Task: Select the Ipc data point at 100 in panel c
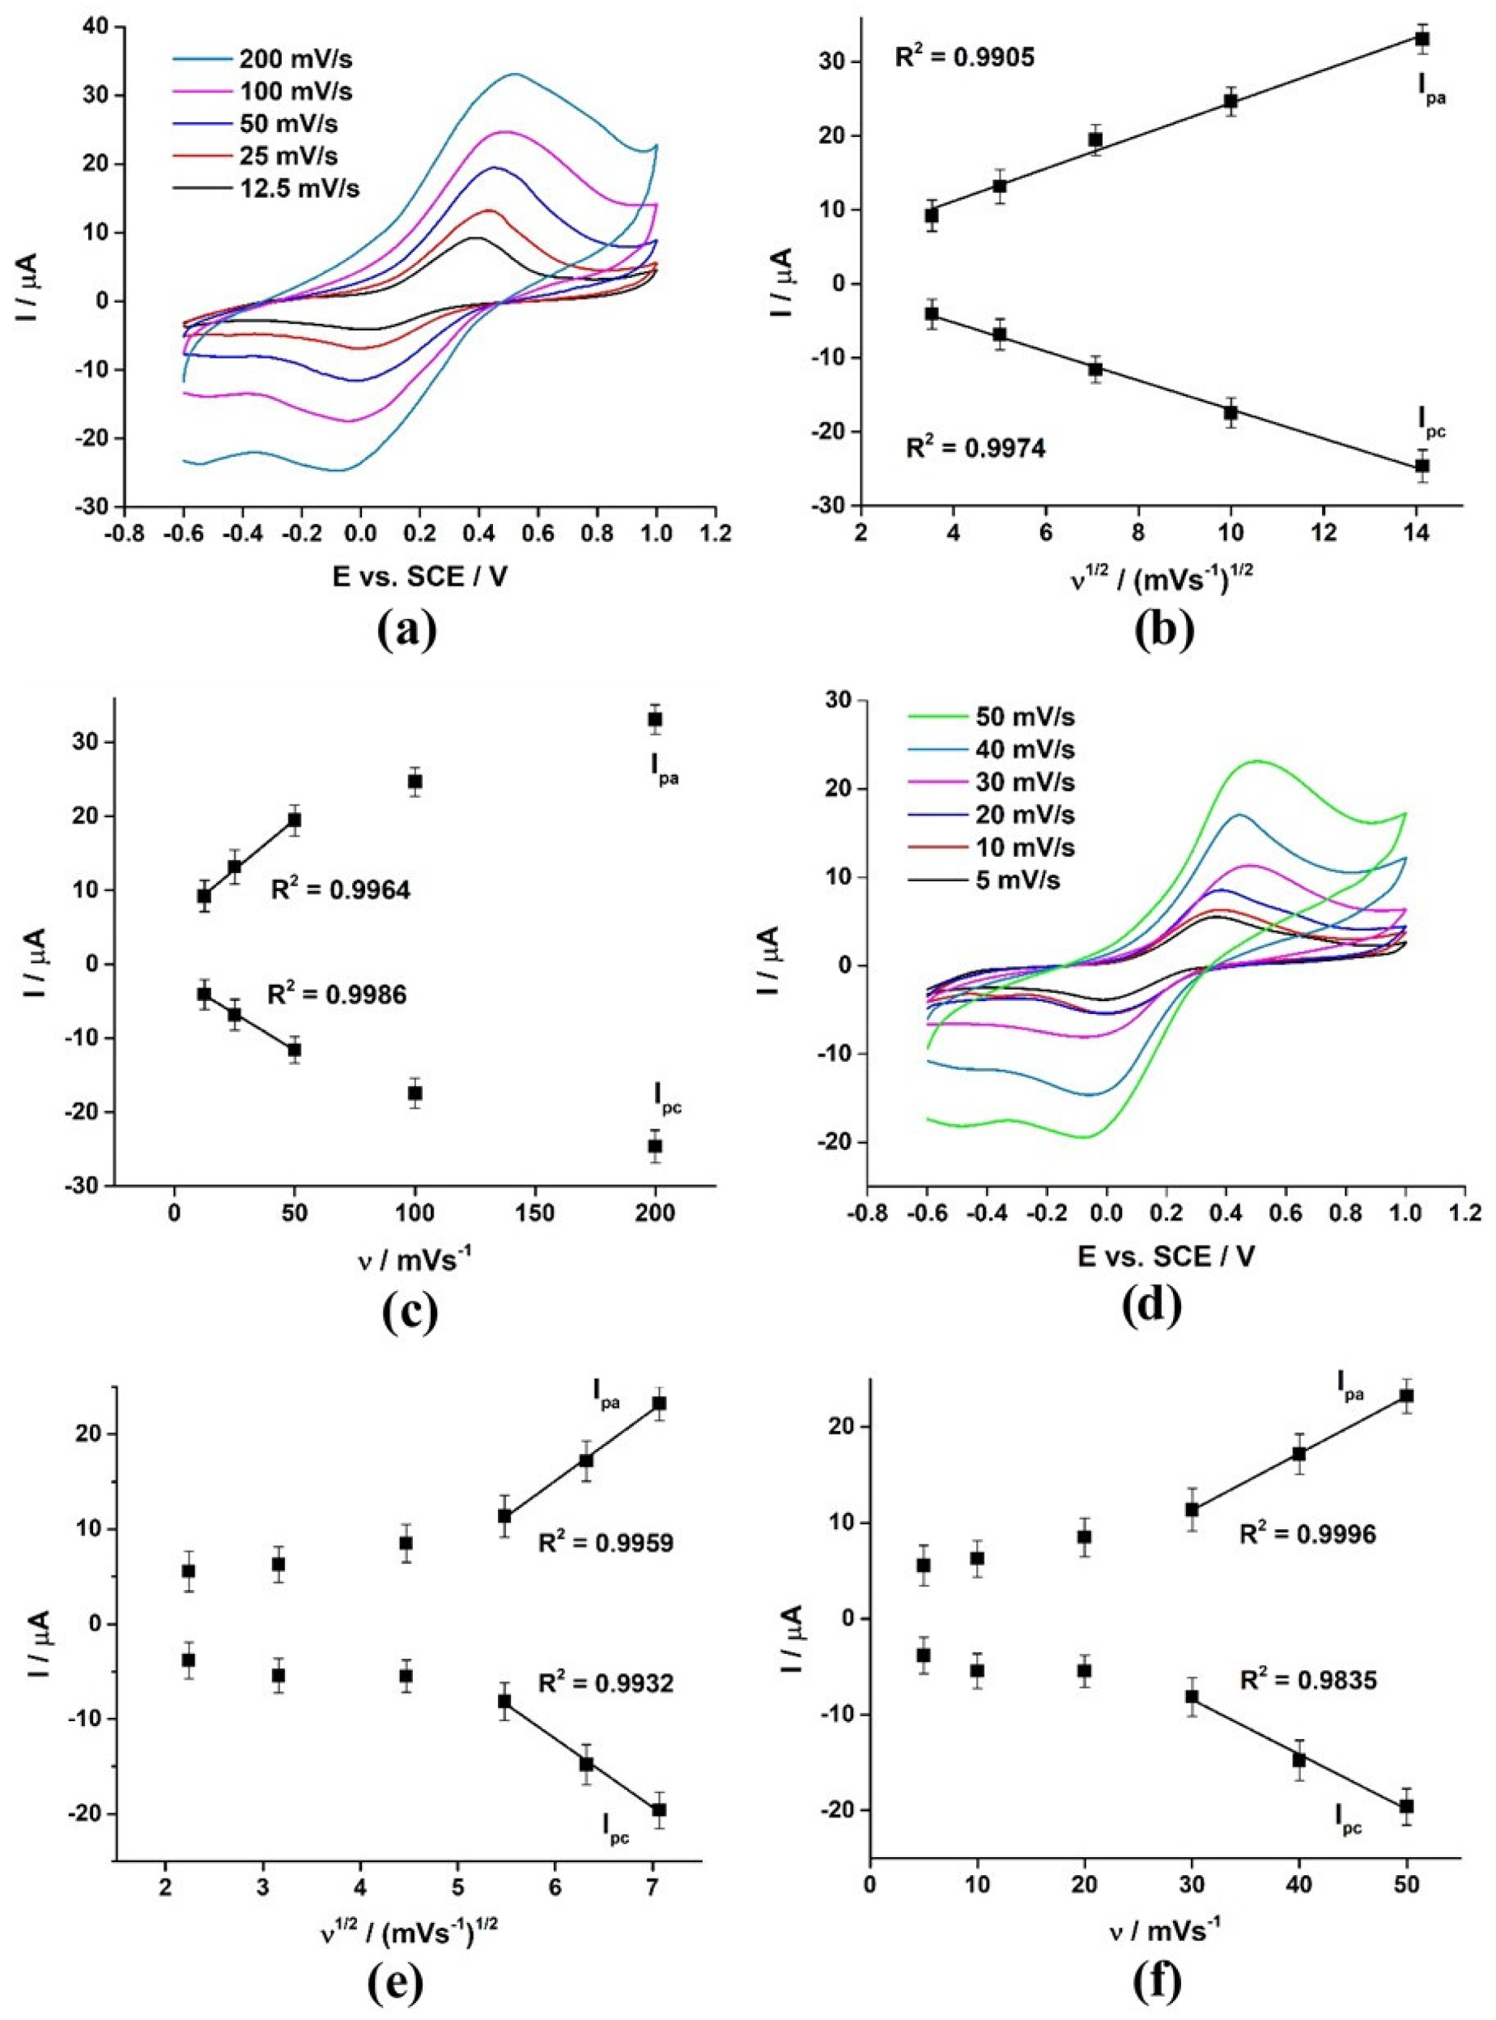pyautogui.click(x=414, y=1093)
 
